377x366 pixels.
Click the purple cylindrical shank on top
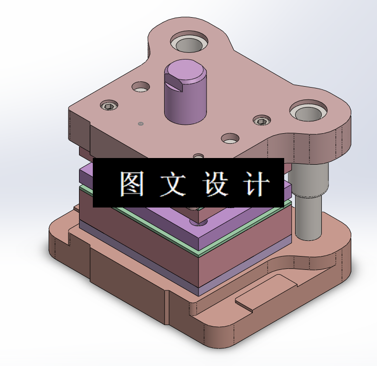click(186, 98)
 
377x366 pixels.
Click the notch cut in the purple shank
click(174, 84)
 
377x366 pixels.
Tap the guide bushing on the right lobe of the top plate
click(308, 113)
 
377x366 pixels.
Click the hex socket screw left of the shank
click(109, 105)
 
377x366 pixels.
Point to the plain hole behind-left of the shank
click(141, 87)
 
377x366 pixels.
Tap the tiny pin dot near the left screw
click(140, 124)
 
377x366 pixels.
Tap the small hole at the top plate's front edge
click(198, 156)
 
